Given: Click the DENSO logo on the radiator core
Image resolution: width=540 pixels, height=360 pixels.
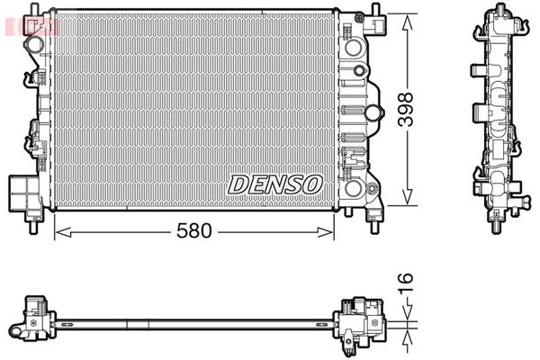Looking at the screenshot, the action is point(274,184).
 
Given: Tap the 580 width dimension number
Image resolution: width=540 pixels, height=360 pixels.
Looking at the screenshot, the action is point(193,230).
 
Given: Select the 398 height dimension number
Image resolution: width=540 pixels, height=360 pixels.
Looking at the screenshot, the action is point(405,110).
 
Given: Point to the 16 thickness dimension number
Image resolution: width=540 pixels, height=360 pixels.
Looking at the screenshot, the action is point(405,283).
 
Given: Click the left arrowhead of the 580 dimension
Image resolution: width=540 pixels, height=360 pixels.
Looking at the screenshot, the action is point(63,232).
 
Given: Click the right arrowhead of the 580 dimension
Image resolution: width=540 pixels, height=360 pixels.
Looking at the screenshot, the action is point(326,232).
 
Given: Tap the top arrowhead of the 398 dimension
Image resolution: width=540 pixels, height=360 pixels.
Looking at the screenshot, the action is point(407,22).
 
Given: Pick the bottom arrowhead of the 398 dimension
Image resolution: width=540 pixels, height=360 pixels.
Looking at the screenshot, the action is point(407,196).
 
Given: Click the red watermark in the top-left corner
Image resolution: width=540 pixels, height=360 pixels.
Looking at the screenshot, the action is point(31,27).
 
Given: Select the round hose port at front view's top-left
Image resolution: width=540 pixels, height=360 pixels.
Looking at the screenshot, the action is point(33,44).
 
